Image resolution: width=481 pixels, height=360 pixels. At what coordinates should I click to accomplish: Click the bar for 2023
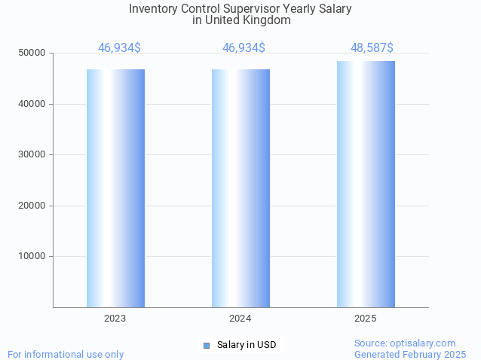pyautogui.click(x=115, y=188)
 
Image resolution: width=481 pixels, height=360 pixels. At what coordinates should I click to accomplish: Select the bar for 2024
pyautogui.click(x=240, y=188)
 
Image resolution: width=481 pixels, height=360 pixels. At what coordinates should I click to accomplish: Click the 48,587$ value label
pyautogui.click(x=372, y=48)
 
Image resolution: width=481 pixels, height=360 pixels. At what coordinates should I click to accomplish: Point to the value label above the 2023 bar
pyautogui.click(x=119, y=48)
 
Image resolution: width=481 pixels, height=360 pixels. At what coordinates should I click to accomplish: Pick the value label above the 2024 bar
pyautogui.click(x=244, y=48)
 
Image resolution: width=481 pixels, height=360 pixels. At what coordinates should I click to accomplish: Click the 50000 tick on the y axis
pyautogui.click(x=33, y=53)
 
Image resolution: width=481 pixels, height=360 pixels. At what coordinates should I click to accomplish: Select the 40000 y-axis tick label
pyautogui.click(x=33, y=104)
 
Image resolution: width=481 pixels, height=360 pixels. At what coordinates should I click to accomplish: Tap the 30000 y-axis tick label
pyautogui.click(x=33, y=154)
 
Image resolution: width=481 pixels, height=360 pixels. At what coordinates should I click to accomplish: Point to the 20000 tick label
pyautogui.click(x=33, y=206)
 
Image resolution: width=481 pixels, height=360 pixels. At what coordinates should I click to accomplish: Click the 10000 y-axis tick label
pyautogui.click(x=33, y=256)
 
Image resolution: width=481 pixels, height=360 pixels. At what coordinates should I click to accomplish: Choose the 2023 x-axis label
pyautogui.click(x=115, y=319)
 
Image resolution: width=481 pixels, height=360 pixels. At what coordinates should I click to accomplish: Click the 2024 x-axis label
pyautogui.click(x=240, y=319)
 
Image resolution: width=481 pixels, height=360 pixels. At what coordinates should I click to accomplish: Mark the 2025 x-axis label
pyautogui.click(x=366, y=319)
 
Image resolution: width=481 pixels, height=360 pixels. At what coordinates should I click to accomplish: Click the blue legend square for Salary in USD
pyautogui.click(x=207, y=345)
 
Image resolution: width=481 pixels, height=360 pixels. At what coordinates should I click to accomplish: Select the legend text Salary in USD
pyautogui.click(x=247, y=345)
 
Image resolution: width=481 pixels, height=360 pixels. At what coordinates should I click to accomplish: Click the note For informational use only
pyautogui.click(x=66, y=354)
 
